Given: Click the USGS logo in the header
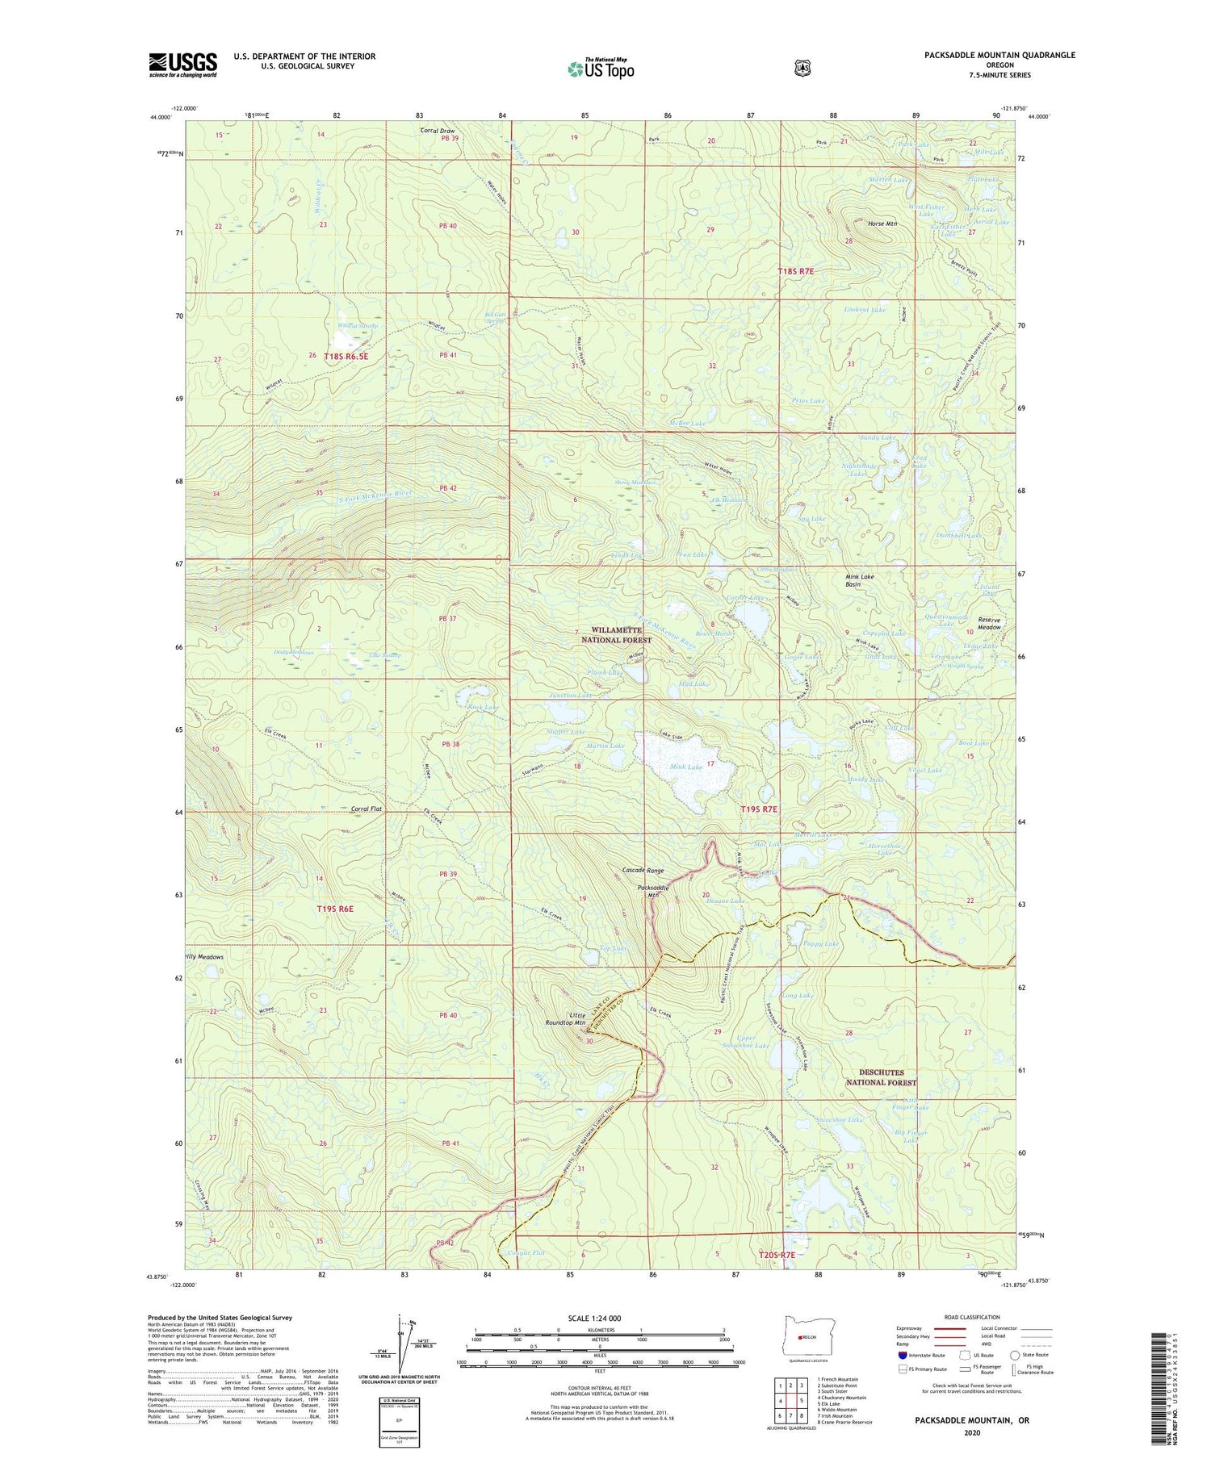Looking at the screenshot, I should coord(182,65).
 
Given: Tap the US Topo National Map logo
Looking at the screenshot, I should coord(601,68).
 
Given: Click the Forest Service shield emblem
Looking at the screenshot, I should coord(802,69).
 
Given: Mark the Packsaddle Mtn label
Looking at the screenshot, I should coord(654,892).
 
